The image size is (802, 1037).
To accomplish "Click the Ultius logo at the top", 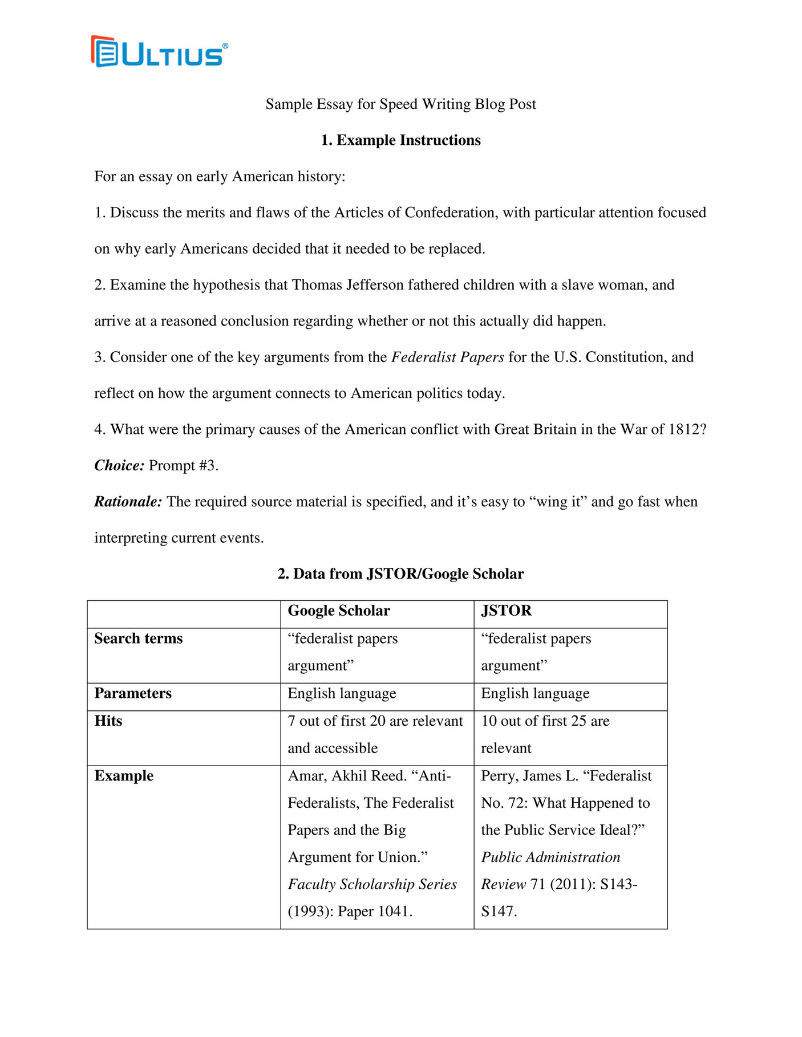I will click(159, 52).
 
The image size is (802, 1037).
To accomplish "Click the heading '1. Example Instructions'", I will click(400, 140).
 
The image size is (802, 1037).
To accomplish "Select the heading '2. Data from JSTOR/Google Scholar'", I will click(400, 574).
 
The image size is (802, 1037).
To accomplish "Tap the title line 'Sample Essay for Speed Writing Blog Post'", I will click(400, 104).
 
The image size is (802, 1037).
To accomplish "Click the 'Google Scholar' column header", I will click(339, 611).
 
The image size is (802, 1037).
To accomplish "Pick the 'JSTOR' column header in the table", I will click(506, 611).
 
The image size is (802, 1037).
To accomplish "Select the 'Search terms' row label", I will click(139, 639).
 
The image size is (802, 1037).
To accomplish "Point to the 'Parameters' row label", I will click(133, 693).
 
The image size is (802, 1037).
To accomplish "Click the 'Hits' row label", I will click(108, 721).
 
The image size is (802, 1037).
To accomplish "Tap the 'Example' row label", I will click(124, 776).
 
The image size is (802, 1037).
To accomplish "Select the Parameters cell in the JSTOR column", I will click(535, 693).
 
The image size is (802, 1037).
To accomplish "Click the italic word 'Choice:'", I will click(119, 466).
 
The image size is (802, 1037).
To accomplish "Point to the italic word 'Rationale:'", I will click(128, 502).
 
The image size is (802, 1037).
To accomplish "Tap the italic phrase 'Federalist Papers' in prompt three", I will click(447, 357).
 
